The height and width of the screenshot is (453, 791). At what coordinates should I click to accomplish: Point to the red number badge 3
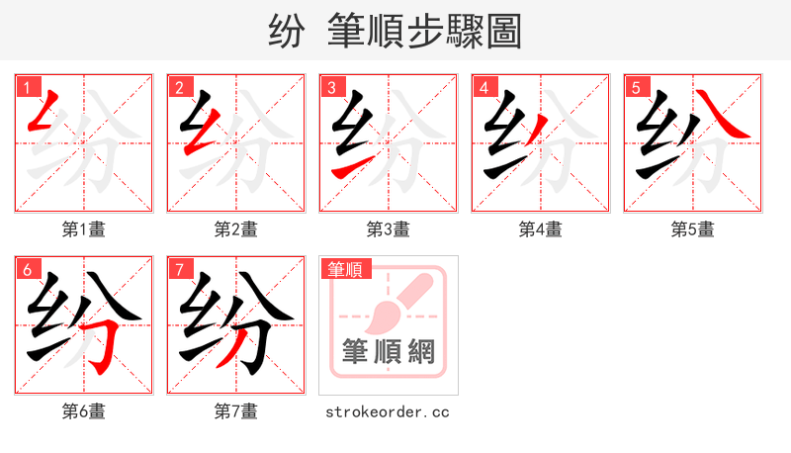(331, 87)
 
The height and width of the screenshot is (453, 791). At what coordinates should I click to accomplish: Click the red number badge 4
(483, 87)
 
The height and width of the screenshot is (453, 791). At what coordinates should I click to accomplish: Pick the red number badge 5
(636, 87)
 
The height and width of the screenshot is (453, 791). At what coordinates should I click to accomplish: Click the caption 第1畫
(84, 229)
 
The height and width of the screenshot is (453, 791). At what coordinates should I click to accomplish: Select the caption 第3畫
(389, 229)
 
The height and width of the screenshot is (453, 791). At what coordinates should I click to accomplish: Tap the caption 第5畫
(693, 229)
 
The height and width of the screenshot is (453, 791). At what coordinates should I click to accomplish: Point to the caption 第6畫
(84, 411)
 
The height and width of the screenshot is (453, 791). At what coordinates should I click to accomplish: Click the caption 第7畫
(236, 411)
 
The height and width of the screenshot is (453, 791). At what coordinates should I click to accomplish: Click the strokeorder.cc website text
(388, 411)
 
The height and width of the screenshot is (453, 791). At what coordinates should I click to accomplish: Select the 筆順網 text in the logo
(388, 352)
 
